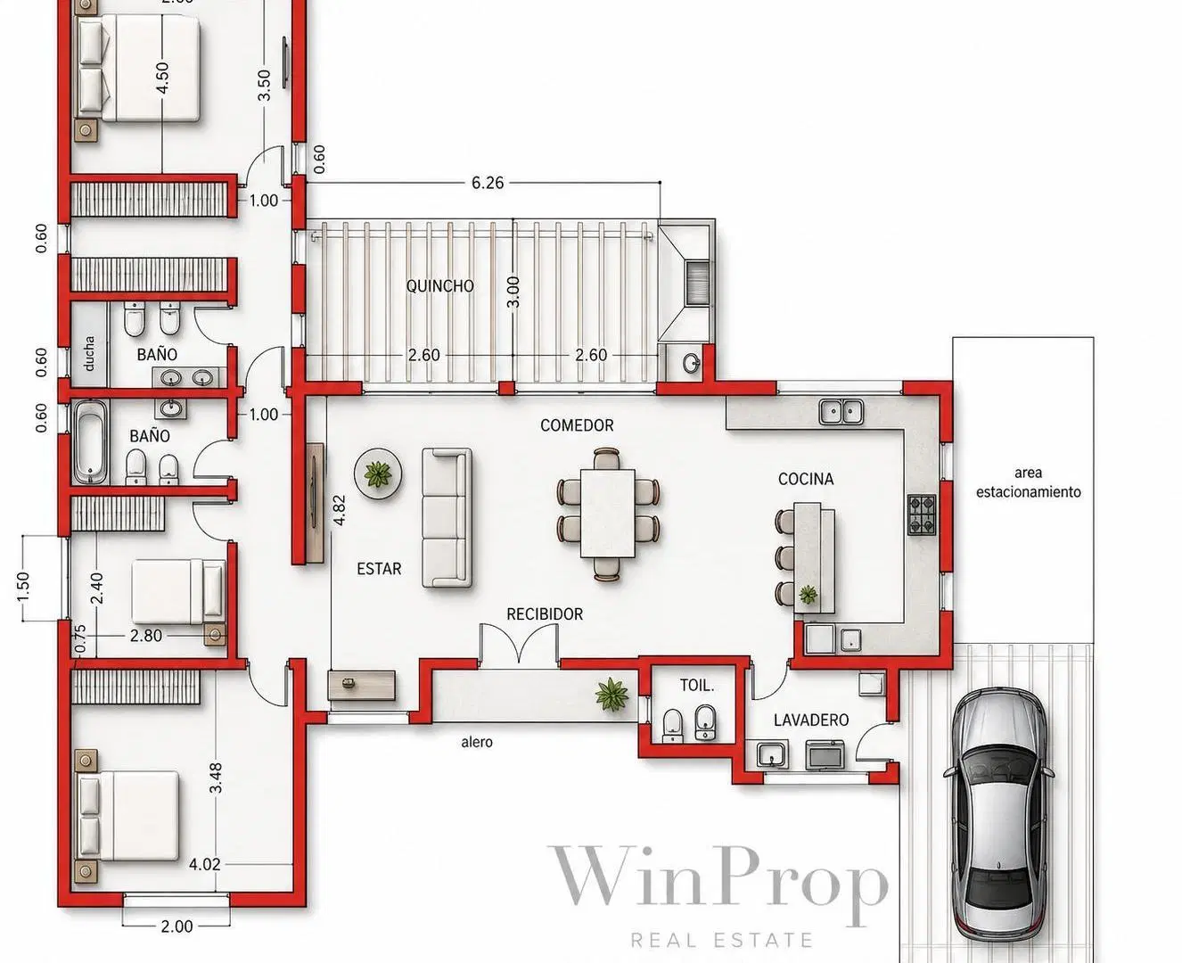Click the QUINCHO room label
(x=440, y=286)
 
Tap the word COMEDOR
(x=577, y=425)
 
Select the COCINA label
(x=806, y=479)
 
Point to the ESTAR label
(x=379, y=569)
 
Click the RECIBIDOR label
(x=545, y=614)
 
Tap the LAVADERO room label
(x=811, y=720)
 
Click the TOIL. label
(x=697, y=686)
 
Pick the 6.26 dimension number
(x=488, y=183)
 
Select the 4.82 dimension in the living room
(x=339, y=510)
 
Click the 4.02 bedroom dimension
(x=205, y=864)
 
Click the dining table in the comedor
(x=608, y=514)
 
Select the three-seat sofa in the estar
(x=447, y=518)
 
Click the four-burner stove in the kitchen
(x=922, y=515)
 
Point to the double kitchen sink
(x=841, y=412)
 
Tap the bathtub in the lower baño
(x=90, y=442)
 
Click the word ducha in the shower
(x=89, y=354)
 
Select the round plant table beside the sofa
(x=379, y=474)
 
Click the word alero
(x=477, y=742)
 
